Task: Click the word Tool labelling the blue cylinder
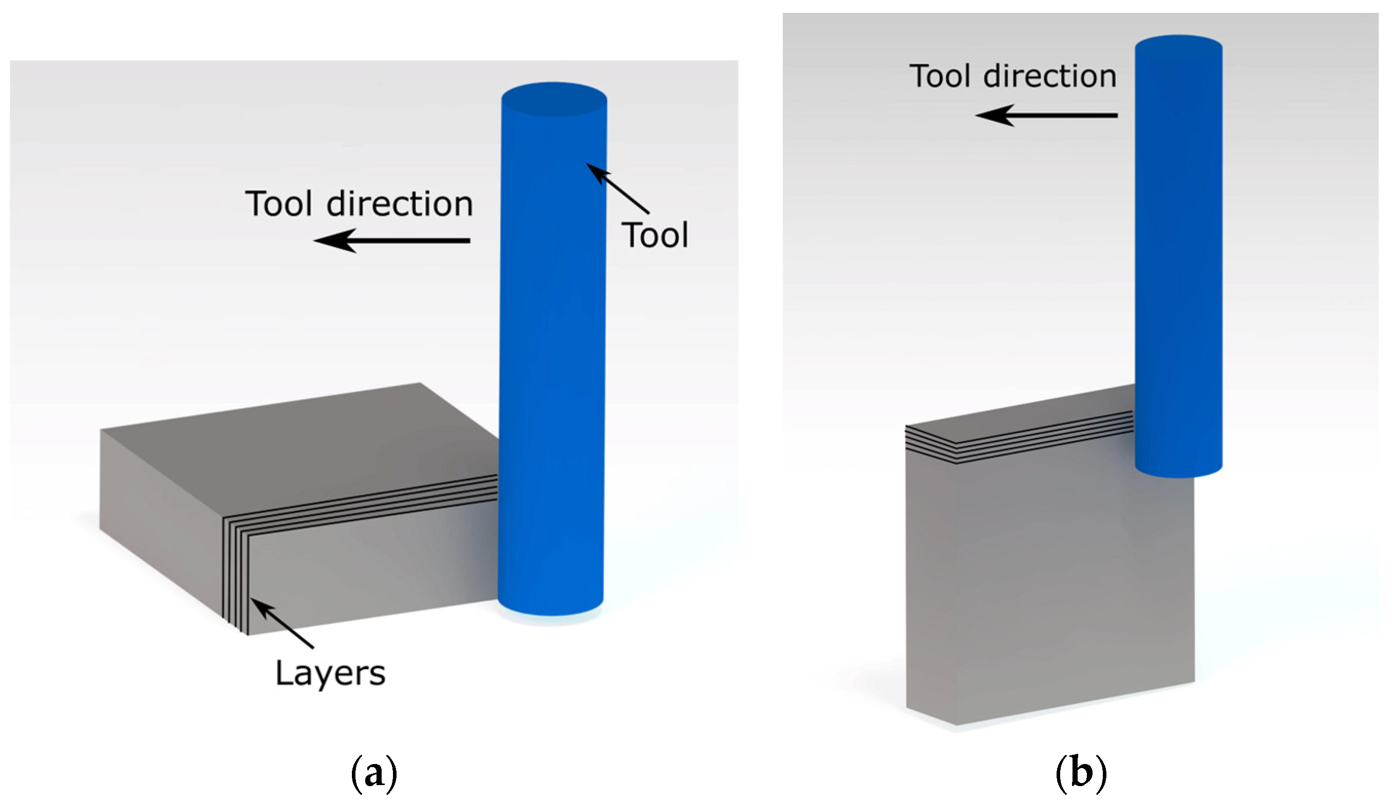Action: [x=655, y=236]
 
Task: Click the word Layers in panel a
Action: [x=330, y=673]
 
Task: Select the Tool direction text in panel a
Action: [x=359, y=204]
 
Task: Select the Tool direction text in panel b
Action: [x=1012, y=76]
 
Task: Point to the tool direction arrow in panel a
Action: [x=392, y=241]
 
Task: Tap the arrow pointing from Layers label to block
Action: [x=281, y=624]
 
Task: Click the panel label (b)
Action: [x=1081, y=773]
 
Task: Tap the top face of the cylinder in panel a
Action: [x=554, y=100]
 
